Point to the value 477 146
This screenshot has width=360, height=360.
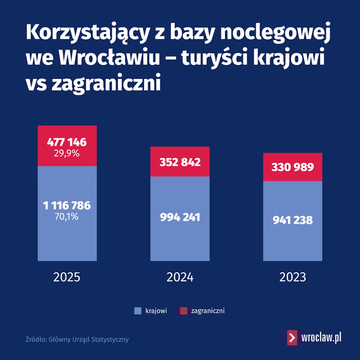coord(67,142)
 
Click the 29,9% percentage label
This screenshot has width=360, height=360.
coord(67,153)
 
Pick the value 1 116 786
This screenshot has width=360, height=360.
coord(67,206)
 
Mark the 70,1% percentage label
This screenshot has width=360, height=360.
coord(67,216)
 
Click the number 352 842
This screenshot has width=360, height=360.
coord(180,162)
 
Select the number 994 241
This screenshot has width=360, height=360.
coord(180,217)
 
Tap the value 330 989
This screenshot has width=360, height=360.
coord(293,167)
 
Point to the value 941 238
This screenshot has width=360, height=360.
coord(293,221)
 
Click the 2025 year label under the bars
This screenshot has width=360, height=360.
coord(67,277)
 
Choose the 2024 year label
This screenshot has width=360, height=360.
coord(180,277)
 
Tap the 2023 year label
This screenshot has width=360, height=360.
coord(293,277)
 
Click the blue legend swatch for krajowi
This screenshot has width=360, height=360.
coord(138,311)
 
